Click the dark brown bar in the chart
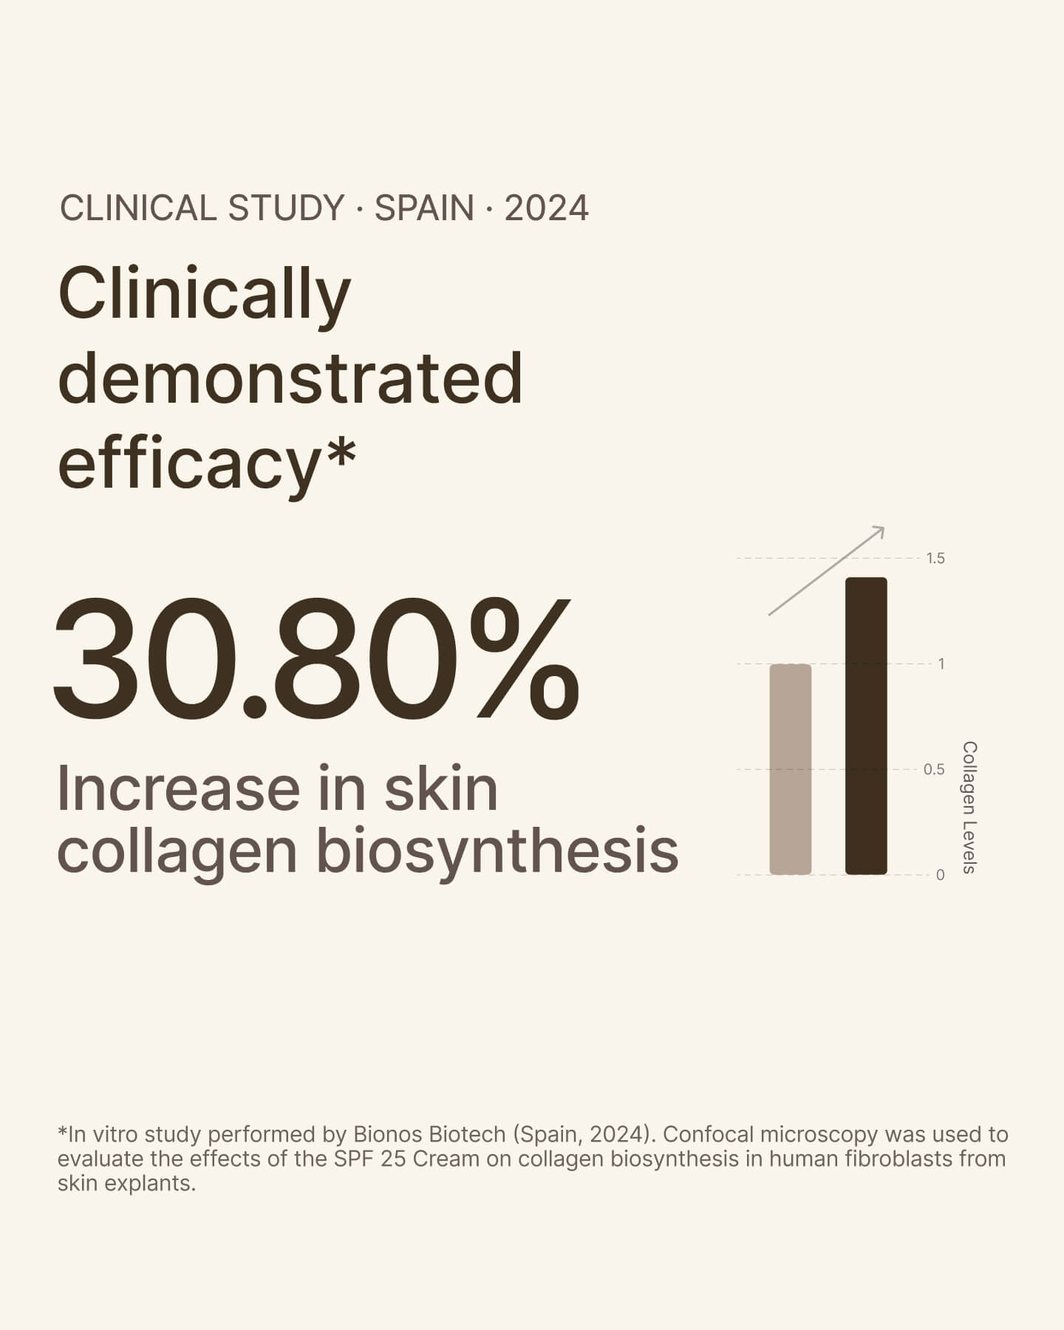tap(866, 726)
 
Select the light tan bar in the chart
tap(791, 769)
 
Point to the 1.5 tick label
tap(935, 559)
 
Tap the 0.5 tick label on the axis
tap(934, 770)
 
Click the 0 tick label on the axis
tap(940, 876)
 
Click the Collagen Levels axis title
tap(969, 808)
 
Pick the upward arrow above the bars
tap(827, 570)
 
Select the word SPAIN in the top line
tap(424, 208)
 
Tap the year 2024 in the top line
tap(546, 208)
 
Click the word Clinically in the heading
tap(204, 294)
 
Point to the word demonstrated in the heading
tap(290, 378)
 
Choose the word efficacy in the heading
tap(188, 463)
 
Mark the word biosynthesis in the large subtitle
tap(497, 851)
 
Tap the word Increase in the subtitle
tap(178, 789)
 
